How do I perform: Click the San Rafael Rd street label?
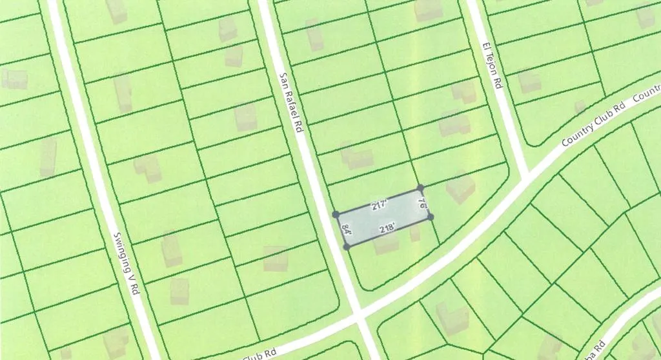(291, 103)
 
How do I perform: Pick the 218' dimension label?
(387, 228)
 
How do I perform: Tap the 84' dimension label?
(346, 230)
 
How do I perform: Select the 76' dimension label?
(422, 205)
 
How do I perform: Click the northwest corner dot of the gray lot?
(336, 214)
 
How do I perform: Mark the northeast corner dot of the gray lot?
(420, 188)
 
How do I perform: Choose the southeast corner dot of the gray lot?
(431, 217)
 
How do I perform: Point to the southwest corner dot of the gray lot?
(347, 246)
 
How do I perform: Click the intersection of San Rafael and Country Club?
(360, 315)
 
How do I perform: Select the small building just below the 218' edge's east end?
(415, 233)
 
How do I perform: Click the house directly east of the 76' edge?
(461, 188)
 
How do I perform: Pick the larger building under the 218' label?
(387, 244)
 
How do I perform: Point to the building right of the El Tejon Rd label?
(529, 81)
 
